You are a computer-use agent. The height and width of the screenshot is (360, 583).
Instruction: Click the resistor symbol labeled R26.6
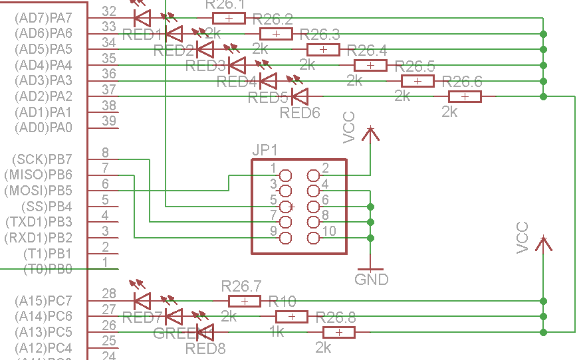(x=465, y=97)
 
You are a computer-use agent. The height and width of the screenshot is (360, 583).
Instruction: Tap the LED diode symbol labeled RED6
(x=300, y=97)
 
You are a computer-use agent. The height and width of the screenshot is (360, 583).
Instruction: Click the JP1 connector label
(x=265, y=150)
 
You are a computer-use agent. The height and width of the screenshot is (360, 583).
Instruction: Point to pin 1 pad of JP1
(x=286, y=175)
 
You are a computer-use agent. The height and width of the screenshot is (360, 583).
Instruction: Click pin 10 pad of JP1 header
(x=314, y=238)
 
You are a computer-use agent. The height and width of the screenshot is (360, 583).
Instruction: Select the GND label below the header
(x=371, y=279)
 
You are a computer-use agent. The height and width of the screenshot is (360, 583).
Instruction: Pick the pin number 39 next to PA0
(x=109, y=121)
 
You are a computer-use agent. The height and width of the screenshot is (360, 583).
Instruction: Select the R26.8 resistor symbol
(x=339, y=333)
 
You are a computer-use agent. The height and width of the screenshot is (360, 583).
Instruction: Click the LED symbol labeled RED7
(x=142, y=301)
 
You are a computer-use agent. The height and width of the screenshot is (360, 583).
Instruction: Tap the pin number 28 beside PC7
(x=109, y=293)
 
